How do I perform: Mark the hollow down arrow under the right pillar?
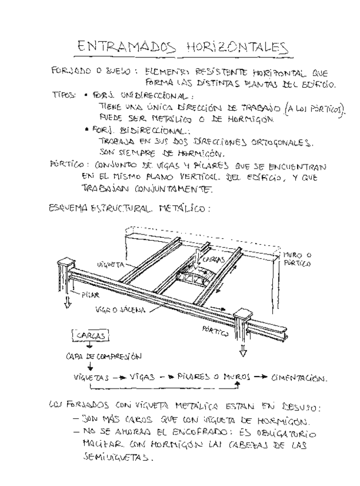(x=241, y=349)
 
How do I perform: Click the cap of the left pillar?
(x=66, y=265)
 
